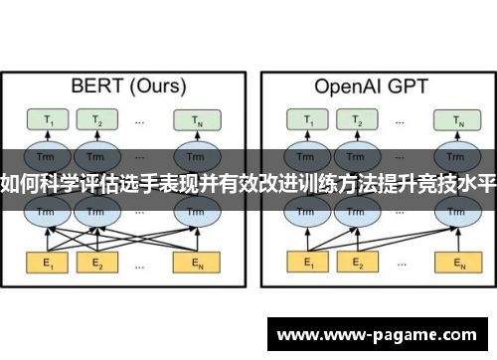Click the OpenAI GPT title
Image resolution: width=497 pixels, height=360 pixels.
coord(370,86)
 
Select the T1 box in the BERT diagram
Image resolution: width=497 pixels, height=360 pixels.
coord(46,121)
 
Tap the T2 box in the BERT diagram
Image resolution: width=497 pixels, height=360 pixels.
coord(97,121)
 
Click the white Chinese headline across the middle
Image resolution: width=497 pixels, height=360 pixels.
coord(248,182)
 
